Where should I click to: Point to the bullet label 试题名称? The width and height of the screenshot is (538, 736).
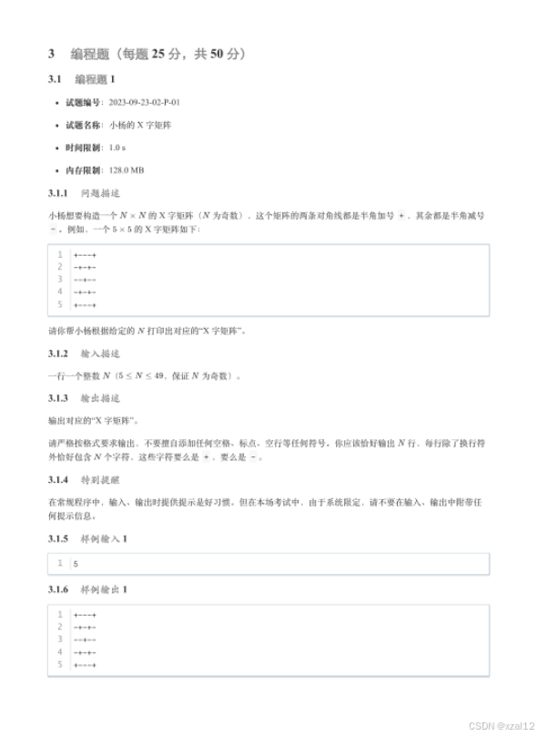(x=83, y=125)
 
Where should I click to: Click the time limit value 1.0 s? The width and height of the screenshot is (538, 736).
(x=117, y=147)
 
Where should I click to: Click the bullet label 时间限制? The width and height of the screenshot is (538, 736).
(x=83, y=147)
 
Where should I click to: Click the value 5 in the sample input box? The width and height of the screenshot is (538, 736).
(x=76, y=564)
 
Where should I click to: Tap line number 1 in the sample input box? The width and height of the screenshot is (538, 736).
(x=60, y=564)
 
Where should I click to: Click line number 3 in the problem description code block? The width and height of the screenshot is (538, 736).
(x=60, y=280)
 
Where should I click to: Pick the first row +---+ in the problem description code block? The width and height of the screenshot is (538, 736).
(x=85, y=255)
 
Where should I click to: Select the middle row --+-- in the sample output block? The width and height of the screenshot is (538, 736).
(x=85, y=639)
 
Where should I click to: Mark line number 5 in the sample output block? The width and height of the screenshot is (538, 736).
(x=60, y=665)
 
